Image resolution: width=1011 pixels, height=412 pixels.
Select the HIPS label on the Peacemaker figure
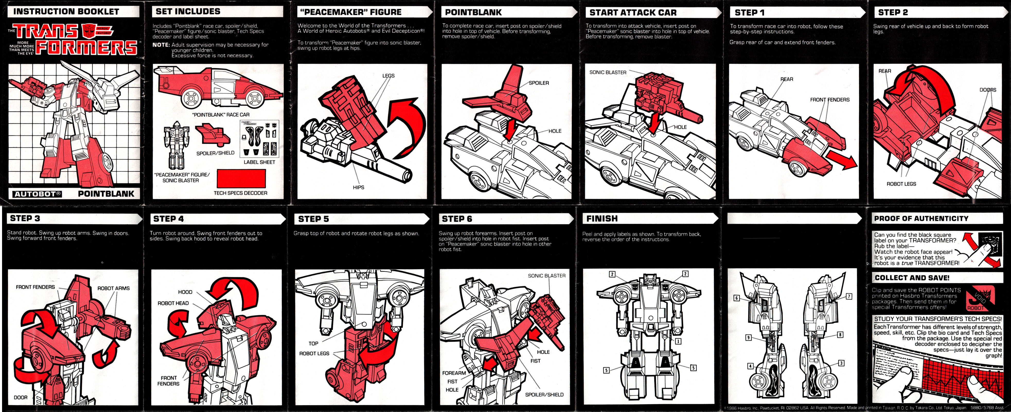tap(358, 187)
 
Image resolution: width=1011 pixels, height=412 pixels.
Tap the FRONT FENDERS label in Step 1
tap(830, 100)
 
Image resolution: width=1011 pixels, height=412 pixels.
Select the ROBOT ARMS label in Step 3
tap(113, 288)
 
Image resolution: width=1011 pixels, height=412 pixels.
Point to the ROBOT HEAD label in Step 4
tap(173, 303)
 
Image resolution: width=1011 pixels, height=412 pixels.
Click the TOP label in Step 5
tap(313, 343)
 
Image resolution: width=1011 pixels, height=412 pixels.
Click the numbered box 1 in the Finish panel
tap(678, 341)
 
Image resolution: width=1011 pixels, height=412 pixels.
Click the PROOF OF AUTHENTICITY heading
tap(921, 218)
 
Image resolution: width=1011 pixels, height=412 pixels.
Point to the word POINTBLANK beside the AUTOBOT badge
tap(106, 194)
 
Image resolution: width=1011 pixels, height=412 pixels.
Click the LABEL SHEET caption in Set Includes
tap(259, 162)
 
